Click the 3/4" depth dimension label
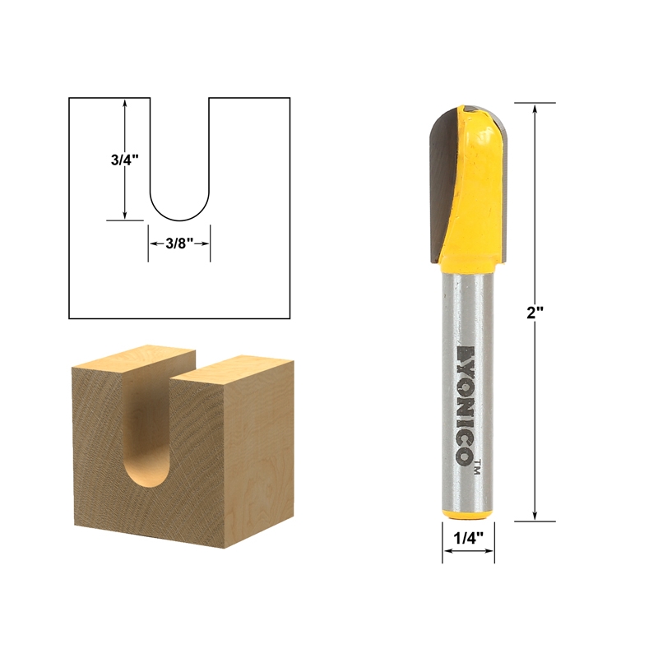tap(123, 160)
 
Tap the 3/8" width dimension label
tap(179, 243)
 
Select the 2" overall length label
tap(536, 313)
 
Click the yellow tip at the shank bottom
tap(468, 513)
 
